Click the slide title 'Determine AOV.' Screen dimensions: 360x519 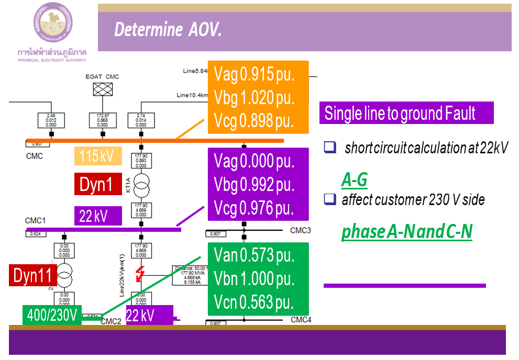(x=168, y=30)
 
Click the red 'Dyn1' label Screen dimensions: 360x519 (x=97, y=184)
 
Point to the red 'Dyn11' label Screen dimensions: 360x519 (x=32, y=275)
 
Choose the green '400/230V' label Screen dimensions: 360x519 (x=52, y=316)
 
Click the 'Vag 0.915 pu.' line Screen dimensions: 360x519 (x=254, y=75)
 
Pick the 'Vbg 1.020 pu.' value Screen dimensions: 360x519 (x=254, y=98)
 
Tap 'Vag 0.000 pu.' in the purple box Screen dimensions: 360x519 (x=254, y=161)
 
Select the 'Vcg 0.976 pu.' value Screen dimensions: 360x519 (x=254, y=208)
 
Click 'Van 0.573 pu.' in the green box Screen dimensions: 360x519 (x=254, y=255)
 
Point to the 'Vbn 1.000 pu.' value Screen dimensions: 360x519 (x=254, y=279)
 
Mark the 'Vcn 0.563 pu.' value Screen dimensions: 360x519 (x=254, y=302)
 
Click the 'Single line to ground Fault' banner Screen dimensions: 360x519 (x=400, y=113)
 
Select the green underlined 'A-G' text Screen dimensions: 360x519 (x=355, y=180)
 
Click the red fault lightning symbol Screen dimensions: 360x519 (x=140, y=274)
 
